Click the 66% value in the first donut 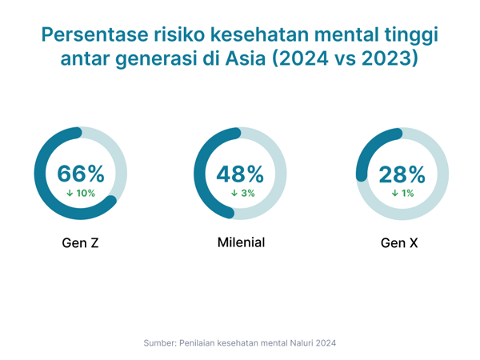80,173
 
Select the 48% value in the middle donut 240,173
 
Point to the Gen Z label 80,242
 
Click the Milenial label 241,242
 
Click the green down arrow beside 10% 70,193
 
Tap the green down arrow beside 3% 234,193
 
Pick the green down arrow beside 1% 394,193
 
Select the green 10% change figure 86,193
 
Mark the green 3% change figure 247,193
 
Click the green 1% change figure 407,193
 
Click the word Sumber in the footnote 159,342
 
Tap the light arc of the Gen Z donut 120,156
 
